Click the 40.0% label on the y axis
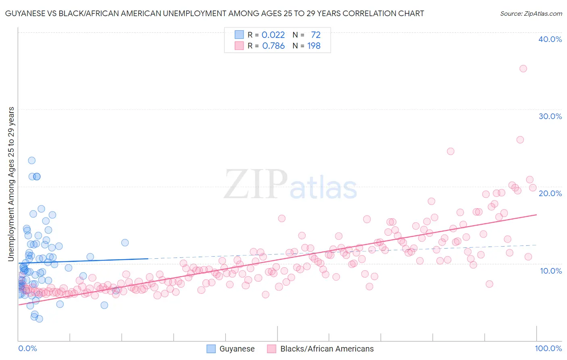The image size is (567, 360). (550, 39)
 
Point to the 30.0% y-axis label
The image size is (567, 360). (550, 116)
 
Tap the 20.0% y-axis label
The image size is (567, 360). (550, 193)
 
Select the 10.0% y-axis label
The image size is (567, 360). (551, 270)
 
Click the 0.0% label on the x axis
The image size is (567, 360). (27, 348)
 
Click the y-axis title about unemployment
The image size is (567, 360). (11, 184)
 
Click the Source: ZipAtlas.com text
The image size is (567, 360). (531, 13)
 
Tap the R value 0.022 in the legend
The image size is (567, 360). (273, 35)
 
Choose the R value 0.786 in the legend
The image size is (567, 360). (273, 46)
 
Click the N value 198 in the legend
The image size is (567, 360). (314, 46)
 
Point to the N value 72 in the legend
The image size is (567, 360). (315, 35)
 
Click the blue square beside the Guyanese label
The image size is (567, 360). (211, 349)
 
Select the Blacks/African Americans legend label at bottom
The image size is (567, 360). (327, 349)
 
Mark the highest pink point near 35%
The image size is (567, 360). (523, 69)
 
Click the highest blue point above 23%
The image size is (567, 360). (31, 160)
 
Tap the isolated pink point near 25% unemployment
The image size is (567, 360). (450, 151)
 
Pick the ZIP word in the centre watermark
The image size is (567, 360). (256, 184)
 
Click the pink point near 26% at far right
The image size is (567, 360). (520, 140)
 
